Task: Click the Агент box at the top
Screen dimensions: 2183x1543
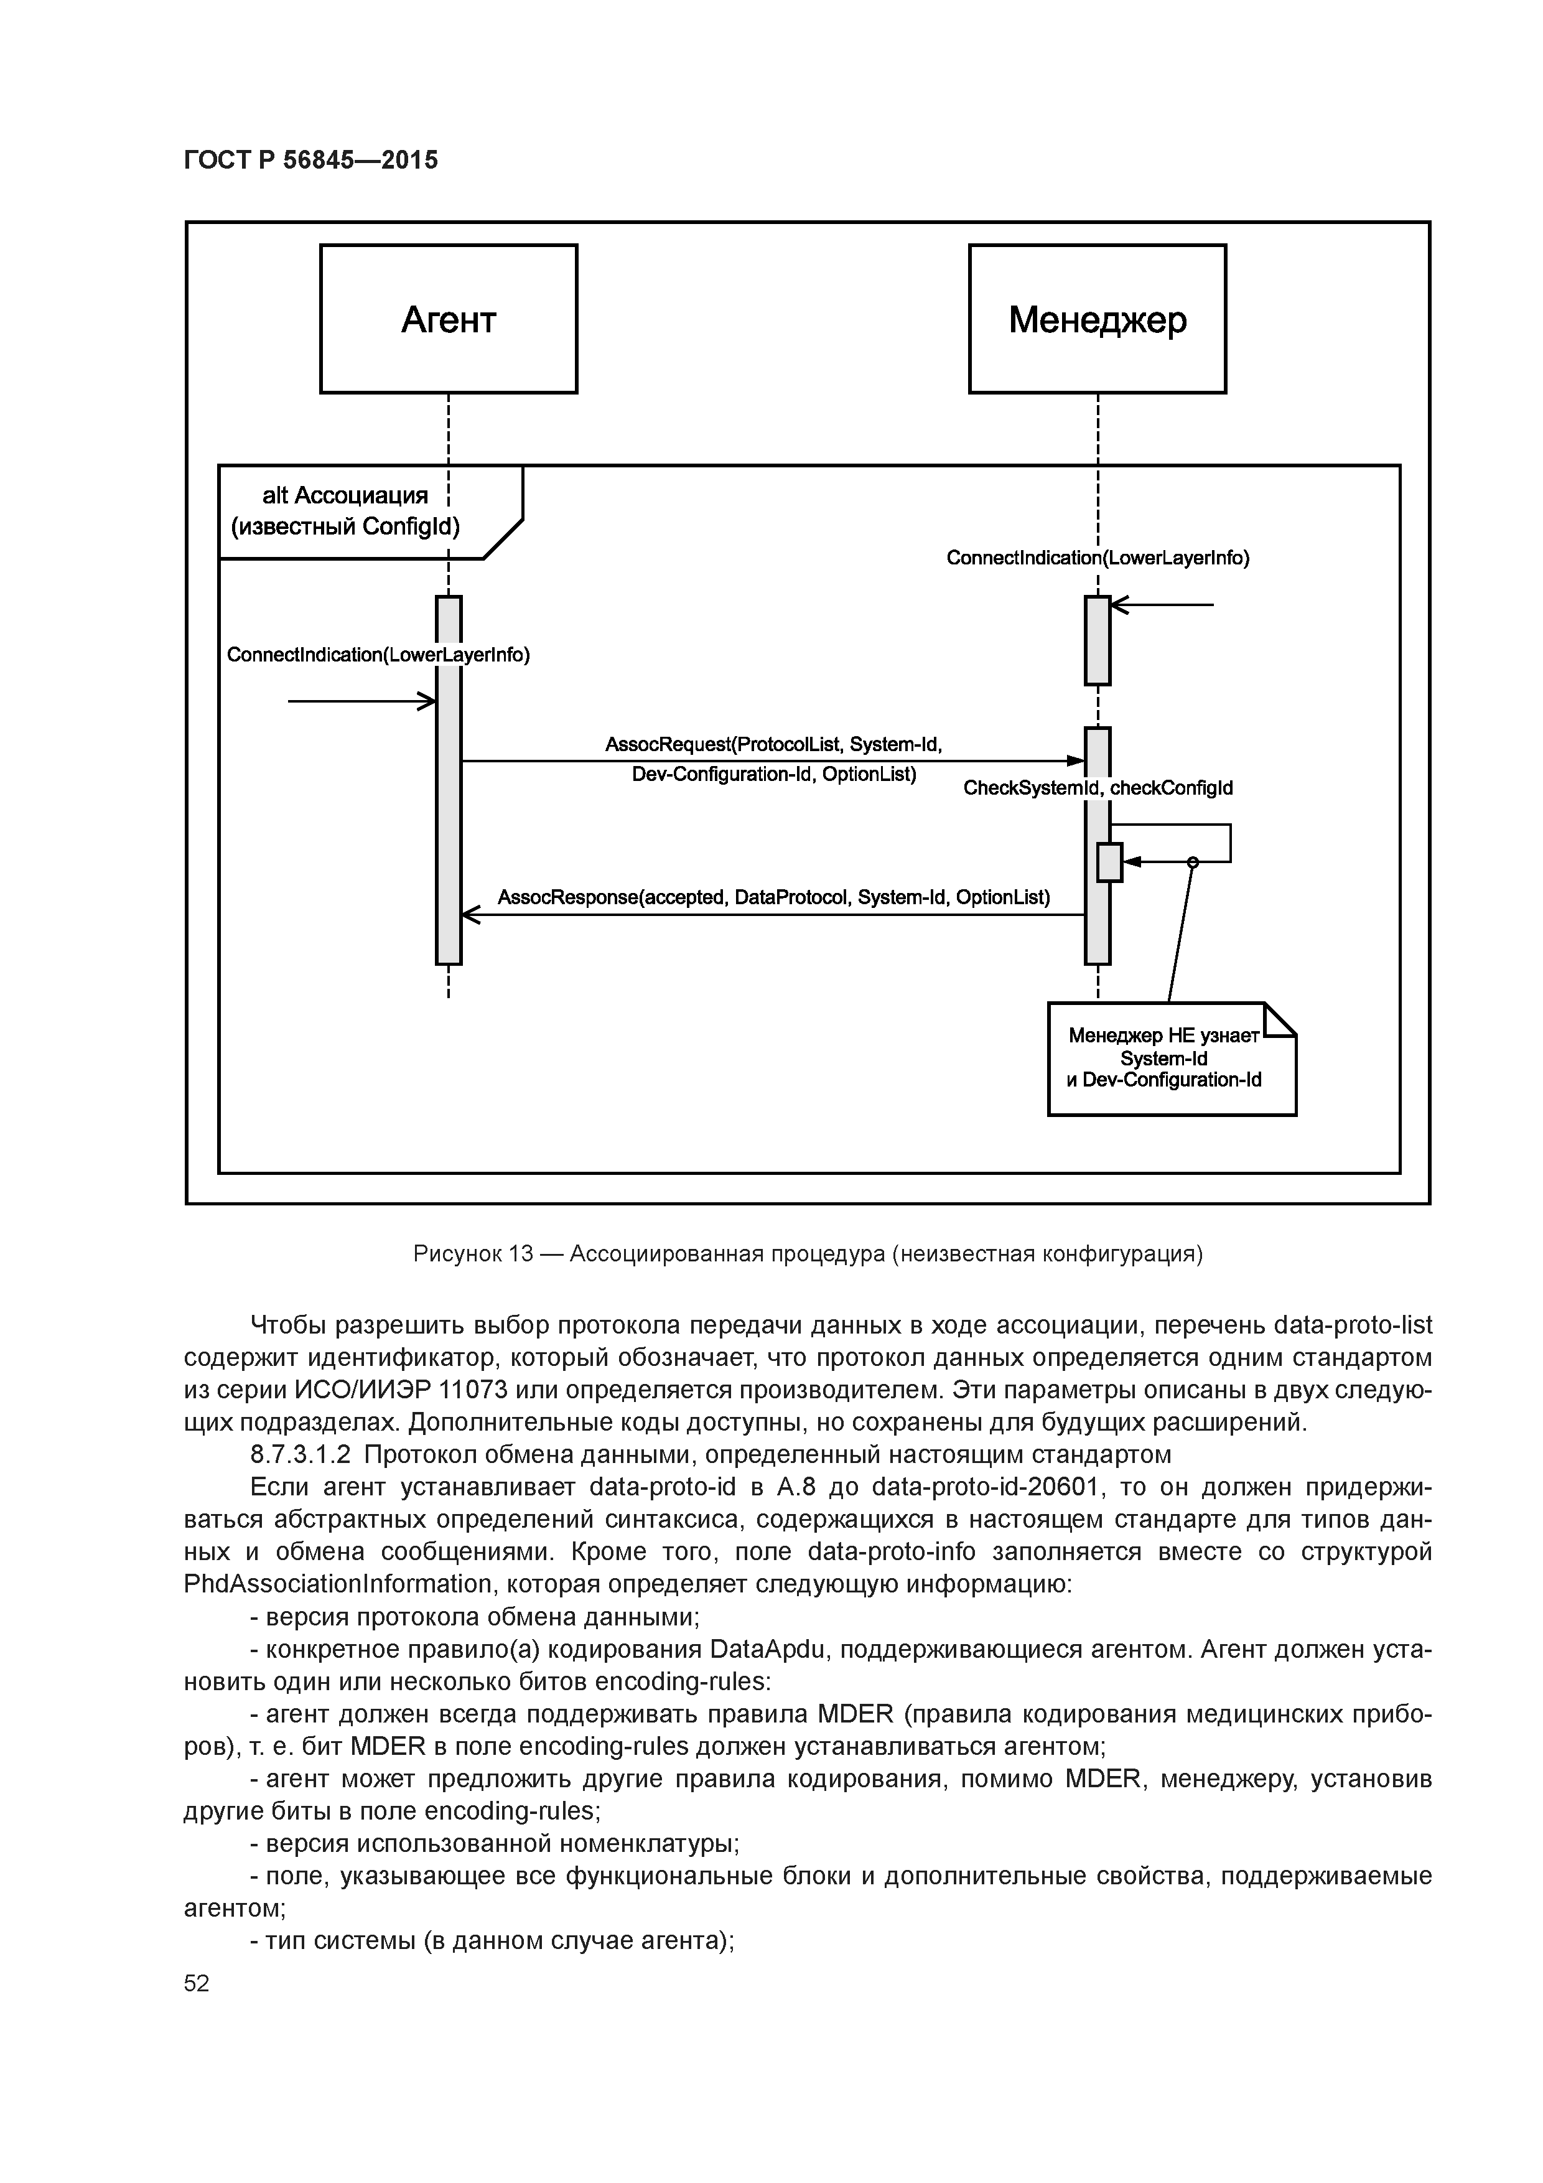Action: (x=448, y=319)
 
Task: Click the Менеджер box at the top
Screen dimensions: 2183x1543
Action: (x=1097, y=319)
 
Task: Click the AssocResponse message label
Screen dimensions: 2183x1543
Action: (x=774, y=897)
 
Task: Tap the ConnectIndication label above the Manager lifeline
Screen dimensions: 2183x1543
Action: (x=1098, y=558)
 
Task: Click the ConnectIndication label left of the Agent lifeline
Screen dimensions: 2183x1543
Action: (x=378, y=655)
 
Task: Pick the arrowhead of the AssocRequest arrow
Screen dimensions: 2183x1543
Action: (x=1076, y=760)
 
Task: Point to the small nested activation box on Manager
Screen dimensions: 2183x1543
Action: (x=1109, y=862)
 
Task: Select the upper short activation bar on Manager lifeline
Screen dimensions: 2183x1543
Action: (x=1098, y=640)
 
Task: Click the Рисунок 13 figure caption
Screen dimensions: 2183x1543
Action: (x=808, y=1254)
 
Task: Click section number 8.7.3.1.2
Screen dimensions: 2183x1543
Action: (x=301, y=1455)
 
